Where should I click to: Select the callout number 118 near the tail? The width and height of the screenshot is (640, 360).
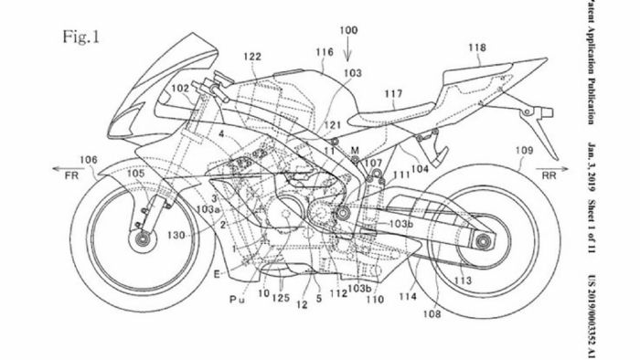[x=476, y=47]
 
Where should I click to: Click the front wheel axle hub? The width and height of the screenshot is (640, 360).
[x=142, y=240]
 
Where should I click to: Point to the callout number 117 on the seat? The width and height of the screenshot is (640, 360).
[x=392, y=92]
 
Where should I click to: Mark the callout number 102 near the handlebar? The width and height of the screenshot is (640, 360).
[x=179, y=89]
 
